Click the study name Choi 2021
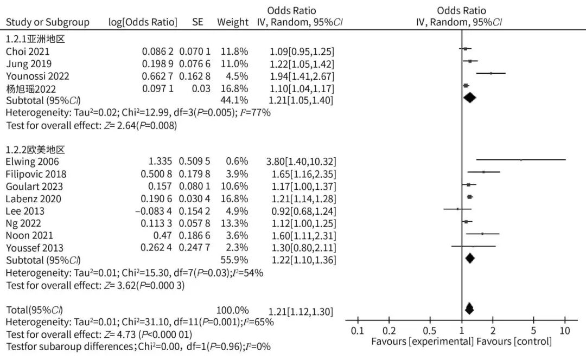(x=28, y=52)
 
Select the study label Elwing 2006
(x=33, y=162)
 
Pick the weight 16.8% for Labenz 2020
(x=234, y=198)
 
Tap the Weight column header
(x=233, y=22)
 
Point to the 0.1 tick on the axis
(x=357, y=331)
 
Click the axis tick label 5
(x=533, y=331)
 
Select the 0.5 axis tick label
(x=429, y=331)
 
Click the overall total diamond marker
(x=469, y=309)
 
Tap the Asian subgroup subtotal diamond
(x=469, y=98)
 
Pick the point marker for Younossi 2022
(x=491, y=73)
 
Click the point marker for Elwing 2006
(x=521, y=159)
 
